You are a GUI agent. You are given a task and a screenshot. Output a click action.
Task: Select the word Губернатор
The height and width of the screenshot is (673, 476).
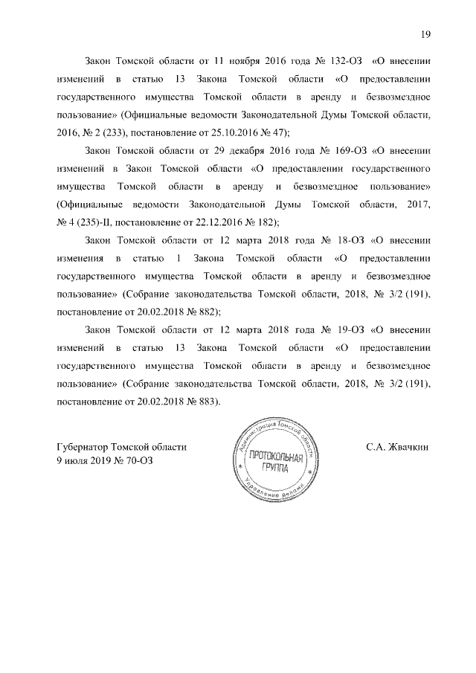pyautogui.click(x=82, y=448)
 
